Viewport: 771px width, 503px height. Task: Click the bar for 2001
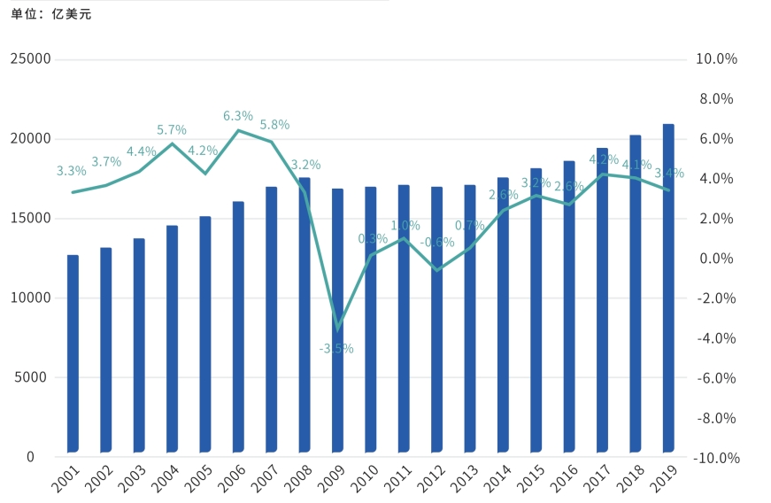coord(73,354)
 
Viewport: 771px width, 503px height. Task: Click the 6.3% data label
coord(238,116)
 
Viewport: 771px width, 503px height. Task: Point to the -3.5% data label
coord(336,349)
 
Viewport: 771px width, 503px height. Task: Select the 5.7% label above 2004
coord(172,130)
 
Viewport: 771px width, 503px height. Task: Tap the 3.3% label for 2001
coord(71,171)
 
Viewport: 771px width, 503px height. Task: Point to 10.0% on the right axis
coord(718,59)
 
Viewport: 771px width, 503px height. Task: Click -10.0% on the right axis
coord(716,458)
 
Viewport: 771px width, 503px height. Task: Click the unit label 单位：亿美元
coord(51,14)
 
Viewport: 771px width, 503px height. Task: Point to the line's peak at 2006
coord(238,131)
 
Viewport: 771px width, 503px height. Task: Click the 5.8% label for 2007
coord(274,125)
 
